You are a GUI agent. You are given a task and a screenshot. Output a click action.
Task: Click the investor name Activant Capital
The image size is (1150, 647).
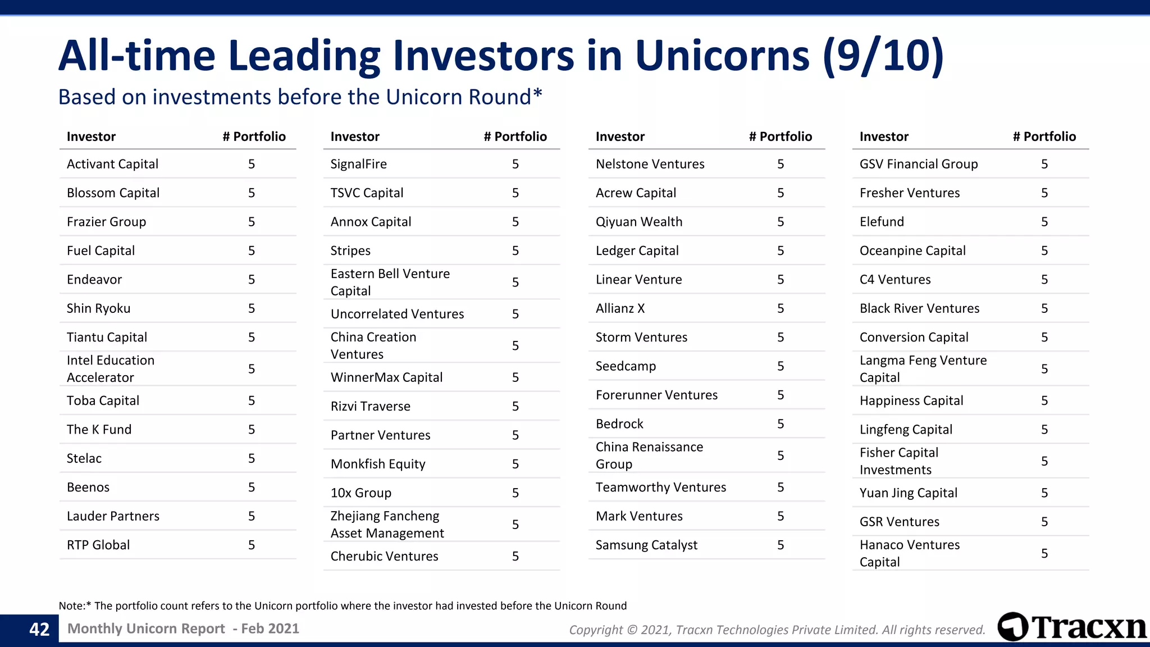click(x=112, y=164)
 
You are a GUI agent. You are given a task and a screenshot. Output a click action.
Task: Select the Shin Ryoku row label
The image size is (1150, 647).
click(x=98, y=308)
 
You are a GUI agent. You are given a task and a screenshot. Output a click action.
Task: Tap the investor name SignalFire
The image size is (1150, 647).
click(x=358, y=164)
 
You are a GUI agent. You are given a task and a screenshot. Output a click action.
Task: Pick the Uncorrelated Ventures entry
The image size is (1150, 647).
click(x=397, y=314)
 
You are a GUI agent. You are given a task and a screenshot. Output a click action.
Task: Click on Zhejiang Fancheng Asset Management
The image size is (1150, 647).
click(x=387, y=525)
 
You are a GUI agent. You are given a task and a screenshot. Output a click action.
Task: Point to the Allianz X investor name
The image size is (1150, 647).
click(x=620, y=308)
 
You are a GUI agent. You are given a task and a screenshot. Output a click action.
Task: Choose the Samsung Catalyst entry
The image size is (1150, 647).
click(x=646, y=545)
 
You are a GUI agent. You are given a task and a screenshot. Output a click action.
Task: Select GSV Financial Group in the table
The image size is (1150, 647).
click(x=918, y=164)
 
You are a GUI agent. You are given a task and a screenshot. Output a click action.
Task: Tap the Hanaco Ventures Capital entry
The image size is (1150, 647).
click(x=909, y=553)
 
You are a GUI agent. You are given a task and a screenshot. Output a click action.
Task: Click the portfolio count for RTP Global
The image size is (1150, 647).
click(x=252, y=545)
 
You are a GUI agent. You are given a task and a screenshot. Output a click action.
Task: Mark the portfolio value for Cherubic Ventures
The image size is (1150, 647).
click(x=515, y=556)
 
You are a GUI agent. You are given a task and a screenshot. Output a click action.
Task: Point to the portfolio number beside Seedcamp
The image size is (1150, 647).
click(x=781, y=366)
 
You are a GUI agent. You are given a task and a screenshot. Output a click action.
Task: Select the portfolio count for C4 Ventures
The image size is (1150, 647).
click(x=1044, y=280)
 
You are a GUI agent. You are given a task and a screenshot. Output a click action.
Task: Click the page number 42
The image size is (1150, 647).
click(x=39, y=629)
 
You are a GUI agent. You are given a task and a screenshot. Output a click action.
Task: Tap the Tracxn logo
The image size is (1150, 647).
click(x=1071, y=627)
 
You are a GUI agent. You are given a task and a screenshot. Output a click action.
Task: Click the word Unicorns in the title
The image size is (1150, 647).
click(x=722, y=56)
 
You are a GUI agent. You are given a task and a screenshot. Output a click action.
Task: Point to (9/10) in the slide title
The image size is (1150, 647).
click(x=883, y=56)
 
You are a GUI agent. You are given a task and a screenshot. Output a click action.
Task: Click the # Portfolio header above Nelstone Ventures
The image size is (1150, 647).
click(x=780, y=136)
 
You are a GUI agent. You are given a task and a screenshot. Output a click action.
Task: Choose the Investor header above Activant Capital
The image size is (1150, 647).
click(x=91, y=136)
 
